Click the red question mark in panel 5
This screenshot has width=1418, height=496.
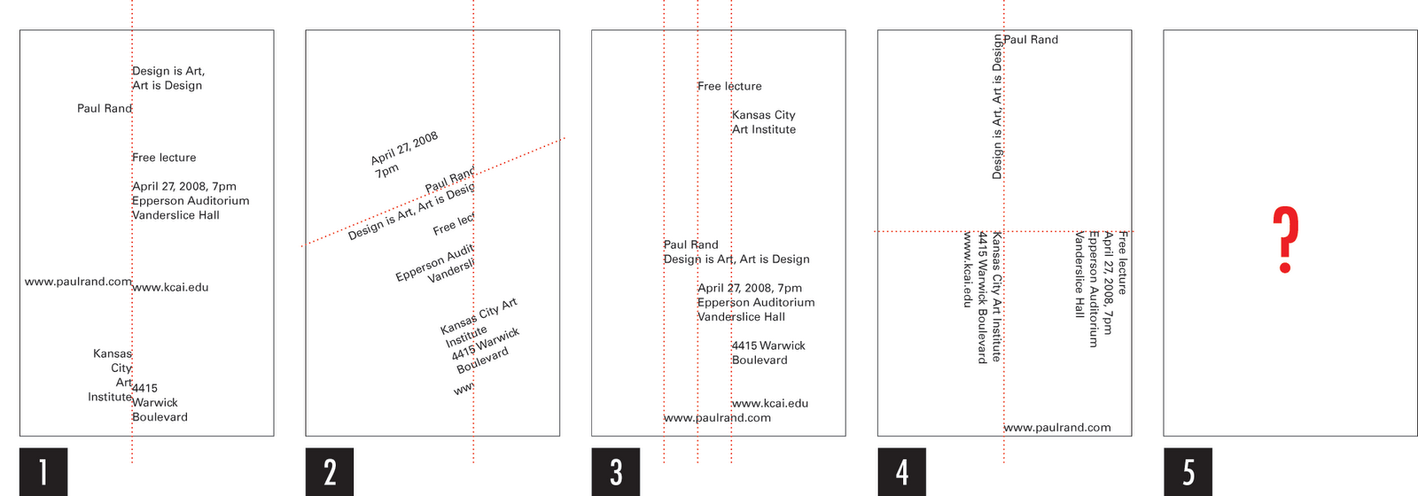click(x=1285, y=240)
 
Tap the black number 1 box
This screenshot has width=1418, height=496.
click(x=43, y=471)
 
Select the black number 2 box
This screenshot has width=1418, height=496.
click(x=329, y=471)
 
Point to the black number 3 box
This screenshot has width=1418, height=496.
click(x=615, y=471)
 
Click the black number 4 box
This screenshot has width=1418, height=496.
click(x=901, y=471)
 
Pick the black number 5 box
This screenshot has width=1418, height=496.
click(x=1188, y=471)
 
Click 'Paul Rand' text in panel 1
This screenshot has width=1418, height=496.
click(x=104, y=108)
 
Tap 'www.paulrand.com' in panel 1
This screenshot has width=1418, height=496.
click(x=78, y=282)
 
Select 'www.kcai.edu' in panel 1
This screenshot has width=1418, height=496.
click(x=171, y=287)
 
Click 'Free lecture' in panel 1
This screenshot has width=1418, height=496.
click(x=164, y=158)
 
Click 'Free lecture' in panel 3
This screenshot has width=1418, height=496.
click(x=729, y=86)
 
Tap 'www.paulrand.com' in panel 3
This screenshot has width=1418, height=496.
click(x=717, y=418)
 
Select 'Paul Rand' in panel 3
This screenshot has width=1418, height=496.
click(x=691, y=244)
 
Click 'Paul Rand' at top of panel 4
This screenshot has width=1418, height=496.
click(x=1031, y=40)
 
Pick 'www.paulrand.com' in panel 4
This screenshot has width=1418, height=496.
click(x=1057, y=428)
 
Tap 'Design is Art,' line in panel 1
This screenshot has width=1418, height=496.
click(x=168, y=71)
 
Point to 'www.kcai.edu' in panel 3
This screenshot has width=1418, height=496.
click(x=770, y=403)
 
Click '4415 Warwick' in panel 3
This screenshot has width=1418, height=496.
click(x=768, y=345)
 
